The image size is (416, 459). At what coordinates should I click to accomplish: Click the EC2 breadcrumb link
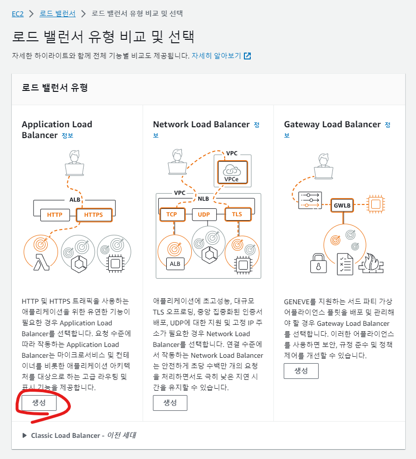[18, 13]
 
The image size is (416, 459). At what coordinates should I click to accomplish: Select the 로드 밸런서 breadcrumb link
[58, 13]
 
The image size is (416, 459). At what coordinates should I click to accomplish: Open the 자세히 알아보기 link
[216, 56]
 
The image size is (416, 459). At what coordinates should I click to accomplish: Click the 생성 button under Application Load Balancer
[39, 402]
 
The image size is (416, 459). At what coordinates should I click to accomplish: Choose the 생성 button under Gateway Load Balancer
[301, 371]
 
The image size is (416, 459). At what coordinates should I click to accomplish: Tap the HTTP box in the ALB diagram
[55, 214]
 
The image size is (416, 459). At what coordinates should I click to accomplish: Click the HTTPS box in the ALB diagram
[93, 214]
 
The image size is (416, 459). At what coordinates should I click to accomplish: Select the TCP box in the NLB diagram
[171, 214]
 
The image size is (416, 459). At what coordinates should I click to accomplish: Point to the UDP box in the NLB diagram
[204, 214]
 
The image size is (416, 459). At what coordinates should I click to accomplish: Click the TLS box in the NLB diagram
[237, 214]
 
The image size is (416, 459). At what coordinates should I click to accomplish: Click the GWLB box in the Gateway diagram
[342, 205]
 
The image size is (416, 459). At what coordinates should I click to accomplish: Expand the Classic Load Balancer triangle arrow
[25, 435]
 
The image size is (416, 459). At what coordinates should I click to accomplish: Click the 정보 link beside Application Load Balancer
[67, 135]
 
